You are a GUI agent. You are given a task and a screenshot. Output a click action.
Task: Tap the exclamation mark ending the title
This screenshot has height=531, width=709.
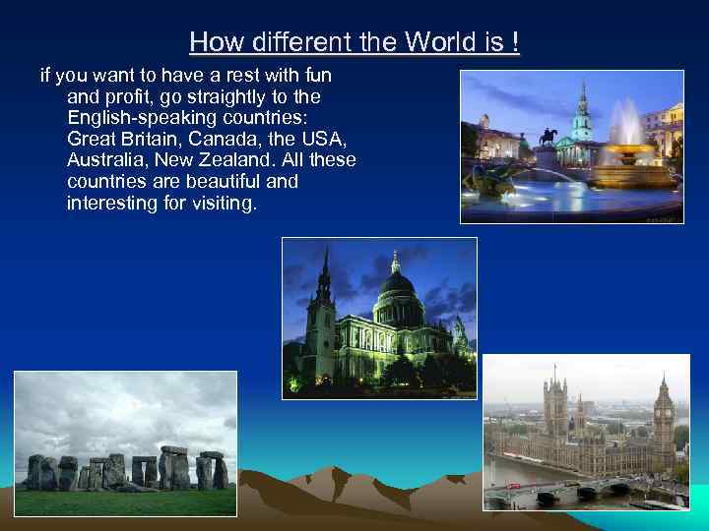coord(514,43)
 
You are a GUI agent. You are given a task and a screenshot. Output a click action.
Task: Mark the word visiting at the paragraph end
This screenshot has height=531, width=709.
coord(220,203)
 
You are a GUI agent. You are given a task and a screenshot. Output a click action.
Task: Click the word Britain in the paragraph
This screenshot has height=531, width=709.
coord(141,140)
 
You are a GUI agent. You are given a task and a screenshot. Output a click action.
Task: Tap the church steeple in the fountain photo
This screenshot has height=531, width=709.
coord(583,108)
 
